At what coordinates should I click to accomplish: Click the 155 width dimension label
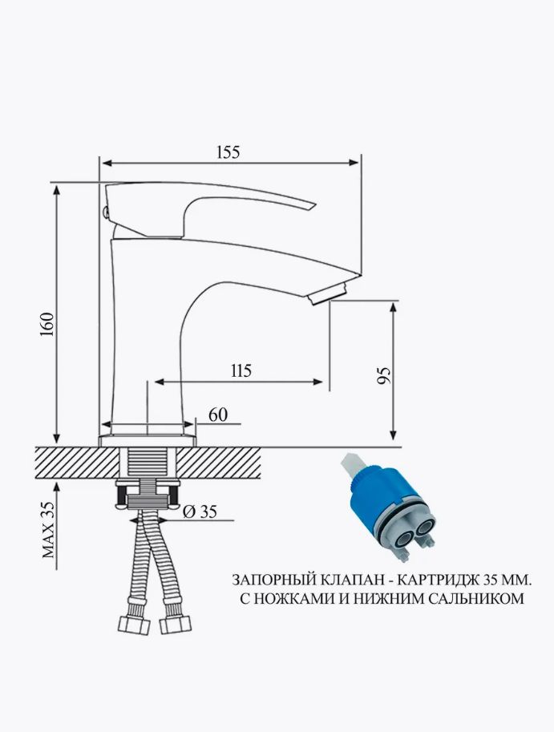pyautogui.click(x=228, y=152)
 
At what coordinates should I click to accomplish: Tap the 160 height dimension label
pyautogui.click(x=48, y=326)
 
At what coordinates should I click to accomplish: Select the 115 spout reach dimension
pyautogui.click(x=241, y=370)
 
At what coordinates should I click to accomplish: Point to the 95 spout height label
pyautogui.click(x=384, y=375)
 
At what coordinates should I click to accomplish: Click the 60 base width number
pyautogui.click(x=218, y=415)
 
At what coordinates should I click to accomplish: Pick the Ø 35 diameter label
pyautogui.click(x=200, y=512)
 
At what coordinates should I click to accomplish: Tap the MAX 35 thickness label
pyautogui.click(x=48, y=530)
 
